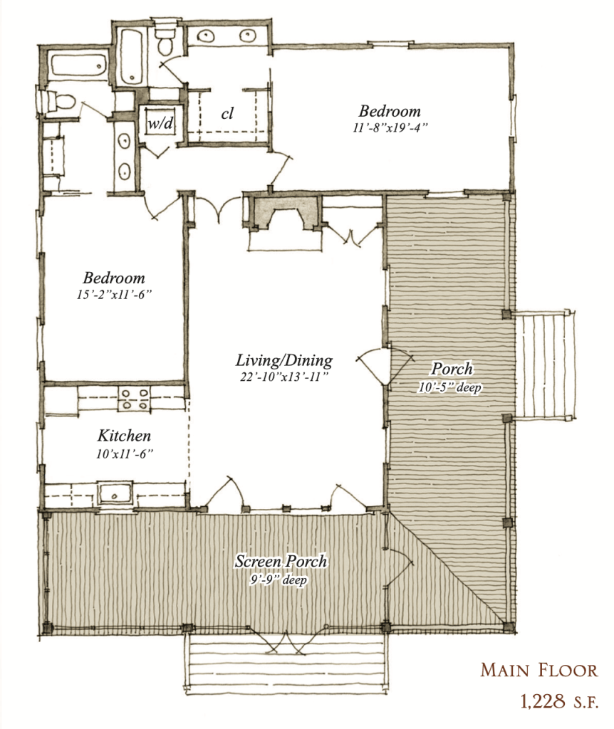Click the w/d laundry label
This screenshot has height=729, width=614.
click(x=160, y=123)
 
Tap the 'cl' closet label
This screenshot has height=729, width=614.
click(x=227, y=113)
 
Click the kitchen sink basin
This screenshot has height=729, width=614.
click(x=113, y=492)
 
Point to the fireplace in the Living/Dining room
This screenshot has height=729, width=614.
click(x=283, y=214)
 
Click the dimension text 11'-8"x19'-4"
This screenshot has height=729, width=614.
click(x=390, y=128)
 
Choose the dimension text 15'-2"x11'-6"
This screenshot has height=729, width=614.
click(x=113, y=294)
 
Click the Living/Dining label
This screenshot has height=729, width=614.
click(x=284, y=360)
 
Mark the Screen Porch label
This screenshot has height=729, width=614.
click(x=281, y=561)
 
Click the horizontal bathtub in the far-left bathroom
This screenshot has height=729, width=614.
click(x=77, y=66)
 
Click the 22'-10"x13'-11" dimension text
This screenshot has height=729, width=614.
click(x=284, y=376)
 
